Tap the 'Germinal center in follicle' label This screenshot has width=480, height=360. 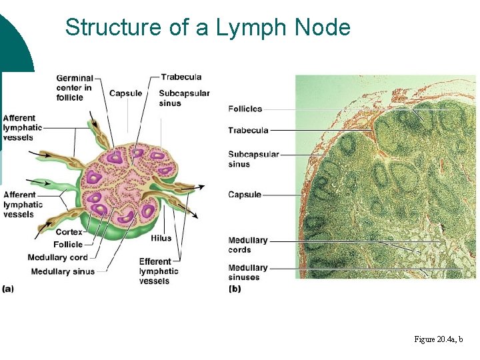[74, 88]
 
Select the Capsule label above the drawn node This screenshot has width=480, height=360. [125, 93]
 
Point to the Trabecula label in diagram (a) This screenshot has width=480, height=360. [181, 77]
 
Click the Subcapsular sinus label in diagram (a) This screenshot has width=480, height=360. [184, 98]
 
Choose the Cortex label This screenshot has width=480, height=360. [69, 232]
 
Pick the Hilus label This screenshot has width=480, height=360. [161, 238]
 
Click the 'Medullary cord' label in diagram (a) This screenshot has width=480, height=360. [57, 258]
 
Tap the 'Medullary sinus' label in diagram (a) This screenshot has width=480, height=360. [63, 271]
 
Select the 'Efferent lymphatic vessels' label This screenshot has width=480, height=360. [159, 271]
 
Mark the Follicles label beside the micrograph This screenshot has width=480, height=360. [245, 109]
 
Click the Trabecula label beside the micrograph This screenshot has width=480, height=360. [248, 130]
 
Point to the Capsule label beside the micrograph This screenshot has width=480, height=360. [245, 195]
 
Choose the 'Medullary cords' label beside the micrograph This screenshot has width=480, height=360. [247, 245]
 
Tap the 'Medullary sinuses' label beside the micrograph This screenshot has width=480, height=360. [247, 272]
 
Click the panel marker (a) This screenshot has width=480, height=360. [8, 289]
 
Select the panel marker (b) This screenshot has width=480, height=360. [235, 289]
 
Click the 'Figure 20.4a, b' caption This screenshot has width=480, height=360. [438, 340]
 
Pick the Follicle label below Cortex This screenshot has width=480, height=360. [68, 245]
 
